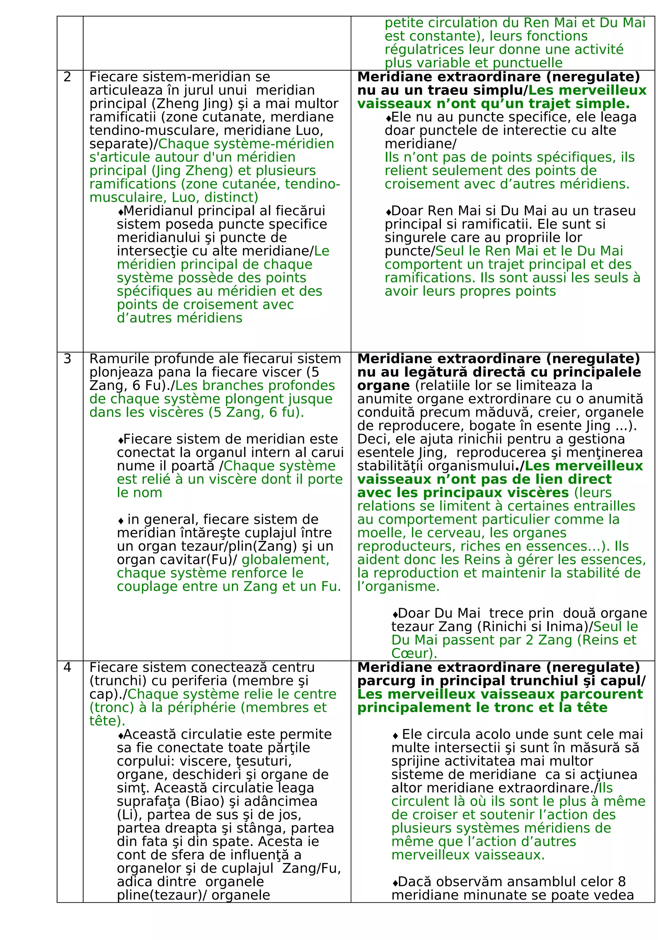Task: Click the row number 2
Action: click(67, 77)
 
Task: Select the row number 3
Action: click(67, 359)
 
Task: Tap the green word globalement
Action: click(285, 560)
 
